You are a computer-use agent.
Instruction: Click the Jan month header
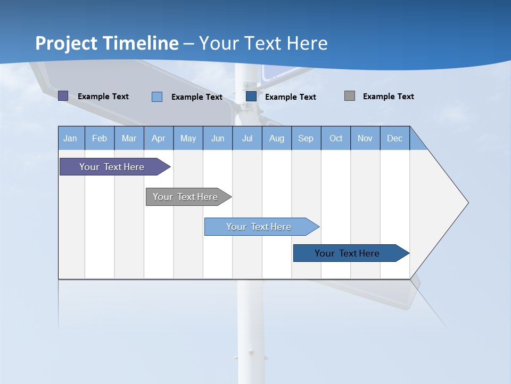(x=71, y=138)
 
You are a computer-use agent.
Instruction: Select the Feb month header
(x=100, y=138)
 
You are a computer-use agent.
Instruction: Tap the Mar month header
(x=129, y=138)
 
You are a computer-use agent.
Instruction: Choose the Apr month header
(x=158, y=138)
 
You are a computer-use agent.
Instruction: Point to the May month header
(x=188, y=138)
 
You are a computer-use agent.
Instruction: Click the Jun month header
(x=218, y=138)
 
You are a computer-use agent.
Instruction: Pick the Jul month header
(x=247, y=138)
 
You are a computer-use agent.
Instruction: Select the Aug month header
(x=277, y=138)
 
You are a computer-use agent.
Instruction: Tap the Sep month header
(x=306, y=138)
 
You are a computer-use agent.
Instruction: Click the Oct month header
(x=336, y=138)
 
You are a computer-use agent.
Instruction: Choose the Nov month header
(x=365, y=138)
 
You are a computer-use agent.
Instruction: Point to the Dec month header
(x=395, y=138)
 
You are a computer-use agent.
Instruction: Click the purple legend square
(x=63, y=96)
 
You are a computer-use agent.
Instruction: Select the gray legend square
(x=350, y=96)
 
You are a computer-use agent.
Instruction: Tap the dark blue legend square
(x=251, y=97)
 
